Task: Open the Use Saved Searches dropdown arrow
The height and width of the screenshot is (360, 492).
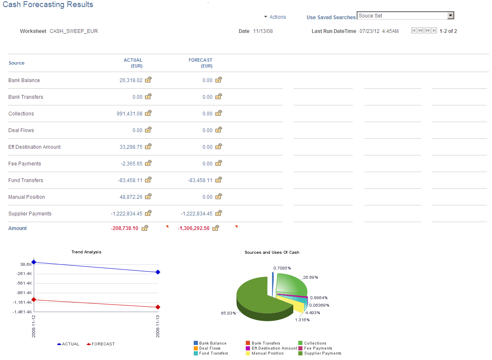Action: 450,16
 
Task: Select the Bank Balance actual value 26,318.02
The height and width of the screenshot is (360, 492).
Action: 131,80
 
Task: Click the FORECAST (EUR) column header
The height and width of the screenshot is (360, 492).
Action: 200,63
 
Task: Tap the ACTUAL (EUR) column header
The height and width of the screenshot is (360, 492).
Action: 133,63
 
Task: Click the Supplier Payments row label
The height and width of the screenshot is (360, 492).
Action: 30,214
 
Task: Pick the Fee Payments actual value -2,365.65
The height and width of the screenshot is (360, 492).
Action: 131,164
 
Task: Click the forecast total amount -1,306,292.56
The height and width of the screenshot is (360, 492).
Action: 194,228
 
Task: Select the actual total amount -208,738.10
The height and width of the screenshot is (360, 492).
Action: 125,228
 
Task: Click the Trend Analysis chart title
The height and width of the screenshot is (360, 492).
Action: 86,252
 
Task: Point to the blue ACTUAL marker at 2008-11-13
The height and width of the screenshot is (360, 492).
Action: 158,272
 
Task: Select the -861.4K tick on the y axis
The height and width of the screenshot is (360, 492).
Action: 25,293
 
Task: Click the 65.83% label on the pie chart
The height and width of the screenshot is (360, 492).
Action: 228,313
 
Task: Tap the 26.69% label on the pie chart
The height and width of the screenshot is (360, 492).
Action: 310,277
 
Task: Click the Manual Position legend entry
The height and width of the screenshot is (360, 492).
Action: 267,353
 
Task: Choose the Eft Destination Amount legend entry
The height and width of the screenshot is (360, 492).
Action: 274,348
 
